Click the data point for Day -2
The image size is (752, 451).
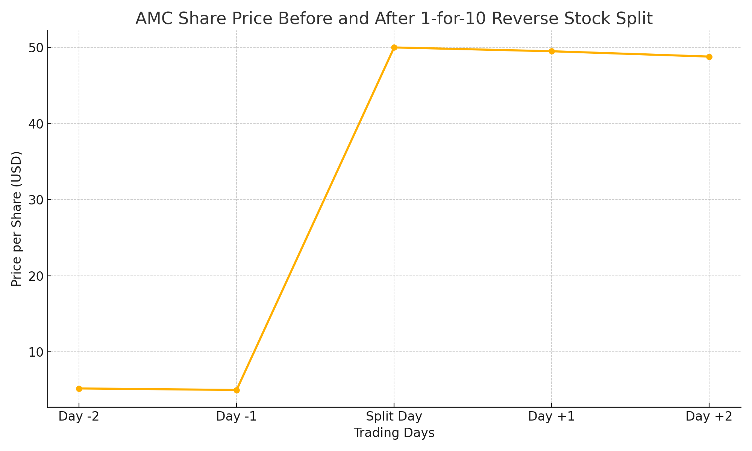79,389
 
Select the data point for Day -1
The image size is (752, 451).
237,390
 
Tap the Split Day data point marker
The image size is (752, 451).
394,48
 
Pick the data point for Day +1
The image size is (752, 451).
552,51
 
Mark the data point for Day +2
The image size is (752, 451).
709,57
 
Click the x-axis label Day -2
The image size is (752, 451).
79,417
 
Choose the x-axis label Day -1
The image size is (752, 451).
237,417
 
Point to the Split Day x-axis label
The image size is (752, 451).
394,417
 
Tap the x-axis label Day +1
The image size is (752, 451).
552,417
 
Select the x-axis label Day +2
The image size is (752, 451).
709,417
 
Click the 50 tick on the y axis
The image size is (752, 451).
36,48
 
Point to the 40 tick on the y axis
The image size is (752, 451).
36,124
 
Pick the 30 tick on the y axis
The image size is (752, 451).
36,200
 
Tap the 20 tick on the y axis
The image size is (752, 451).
36,276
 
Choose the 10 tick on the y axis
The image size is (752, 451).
36,352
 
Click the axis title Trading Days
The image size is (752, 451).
394,433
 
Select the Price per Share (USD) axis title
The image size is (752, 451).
17,219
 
